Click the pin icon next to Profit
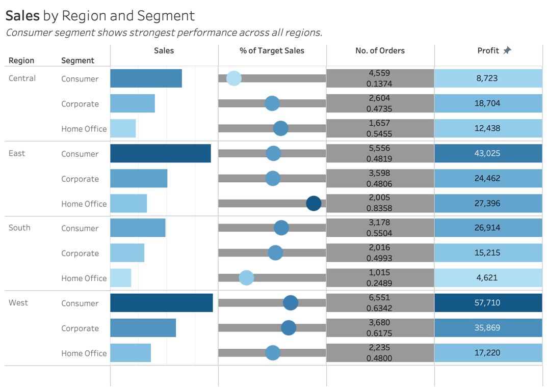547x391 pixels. [507, 50]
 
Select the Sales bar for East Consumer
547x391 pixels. [161, 153]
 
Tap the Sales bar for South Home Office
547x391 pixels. [121, 278]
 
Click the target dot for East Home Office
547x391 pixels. [314, 203]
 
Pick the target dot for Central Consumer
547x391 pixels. [233, 78]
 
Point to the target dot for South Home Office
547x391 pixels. [246, 278]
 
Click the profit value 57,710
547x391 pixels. [487, 302]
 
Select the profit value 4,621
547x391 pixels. [487, 278]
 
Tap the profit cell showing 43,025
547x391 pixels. [487, 153]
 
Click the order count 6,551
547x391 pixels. [380, 297]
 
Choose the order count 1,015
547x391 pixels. [380, 273]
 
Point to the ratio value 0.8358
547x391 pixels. [380, 208]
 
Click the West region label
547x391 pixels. [18, 303]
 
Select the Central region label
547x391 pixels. [22, 78]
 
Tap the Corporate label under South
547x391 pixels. [80, 254]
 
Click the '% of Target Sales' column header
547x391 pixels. [272, 51]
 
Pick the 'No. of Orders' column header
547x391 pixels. [380, 51]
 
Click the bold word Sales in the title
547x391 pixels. [22, 16]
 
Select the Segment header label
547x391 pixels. [77, 61]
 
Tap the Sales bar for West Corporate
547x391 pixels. [143, 328]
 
